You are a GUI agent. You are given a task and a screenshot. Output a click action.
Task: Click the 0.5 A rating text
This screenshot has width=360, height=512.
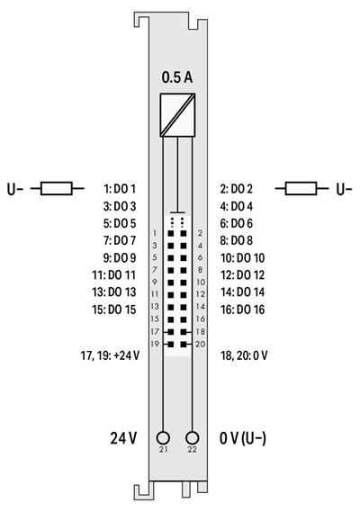tap(176, 78)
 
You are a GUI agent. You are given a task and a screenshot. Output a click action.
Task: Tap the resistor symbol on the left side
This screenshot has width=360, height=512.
tap(57, 189)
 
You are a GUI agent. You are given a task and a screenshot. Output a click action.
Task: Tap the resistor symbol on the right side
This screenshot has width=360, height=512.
tap(301, 189)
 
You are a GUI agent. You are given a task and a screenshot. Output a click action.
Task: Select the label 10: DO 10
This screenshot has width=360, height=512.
tap(241, 257)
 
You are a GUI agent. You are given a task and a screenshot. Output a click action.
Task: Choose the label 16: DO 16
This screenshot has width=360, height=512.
tap(241, 309)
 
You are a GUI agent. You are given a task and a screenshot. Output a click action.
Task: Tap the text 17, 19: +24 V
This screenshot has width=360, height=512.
tap(109, 355)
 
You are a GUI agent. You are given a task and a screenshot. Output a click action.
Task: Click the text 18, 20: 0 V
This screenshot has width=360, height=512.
tap(243, 355)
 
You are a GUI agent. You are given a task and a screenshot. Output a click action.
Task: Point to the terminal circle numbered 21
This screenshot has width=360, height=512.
tap(163, 436)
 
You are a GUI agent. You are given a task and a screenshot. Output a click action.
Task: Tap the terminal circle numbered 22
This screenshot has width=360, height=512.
tap(191, 436)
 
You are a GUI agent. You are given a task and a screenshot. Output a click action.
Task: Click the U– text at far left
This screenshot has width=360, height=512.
tap(16, 189)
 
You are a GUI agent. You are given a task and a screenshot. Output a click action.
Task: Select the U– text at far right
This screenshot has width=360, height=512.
tap(344, 189)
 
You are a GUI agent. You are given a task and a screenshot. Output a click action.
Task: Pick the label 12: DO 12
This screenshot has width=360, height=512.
tap(241, 274)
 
